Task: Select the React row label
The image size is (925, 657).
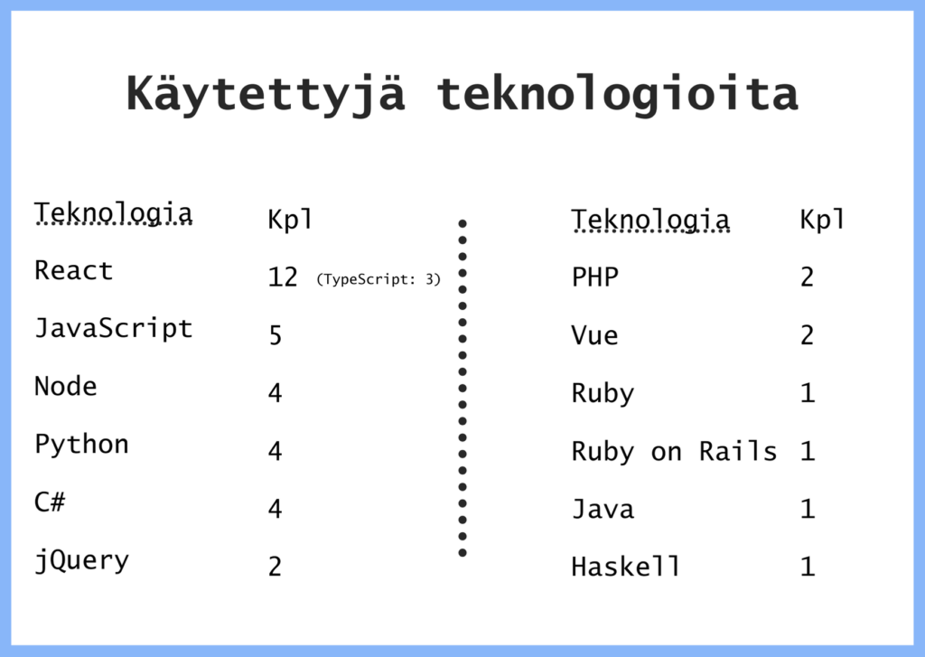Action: [74, 270]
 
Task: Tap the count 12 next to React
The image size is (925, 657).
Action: [283, 277]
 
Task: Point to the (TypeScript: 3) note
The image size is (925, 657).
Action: [378, 279]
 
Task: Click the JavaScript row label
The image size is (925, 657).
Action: [114, 329]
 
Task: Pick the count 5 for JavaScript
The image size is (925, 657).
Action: [276, 334]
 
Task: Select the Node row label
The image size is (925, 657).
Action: [65, 387]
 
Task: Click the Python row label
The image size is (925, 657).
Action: [82, 445]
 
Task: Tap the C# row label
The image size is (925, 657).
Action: [51, 502]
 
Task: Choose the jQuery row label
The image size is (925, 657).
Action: [82, 561]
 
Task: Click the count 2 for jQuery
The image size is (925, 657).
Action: [275, 567]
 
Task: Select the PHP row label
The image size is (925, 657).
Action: [595, 277]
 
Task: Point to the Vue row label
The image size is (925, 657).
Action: [594, 335]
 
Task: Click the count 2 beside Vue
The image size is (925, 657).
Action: [807, 335]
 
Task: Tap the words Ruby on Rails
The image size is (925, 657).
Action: [674, 452]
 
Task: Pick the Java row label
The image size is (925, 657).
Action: [603, 509]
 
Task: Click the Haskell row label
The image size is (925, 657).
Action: [626, 567]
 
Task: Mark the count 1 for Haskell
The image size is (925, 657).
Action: [808, 567]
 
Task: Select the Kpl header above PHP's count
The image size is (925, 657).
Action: [822, 219]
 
